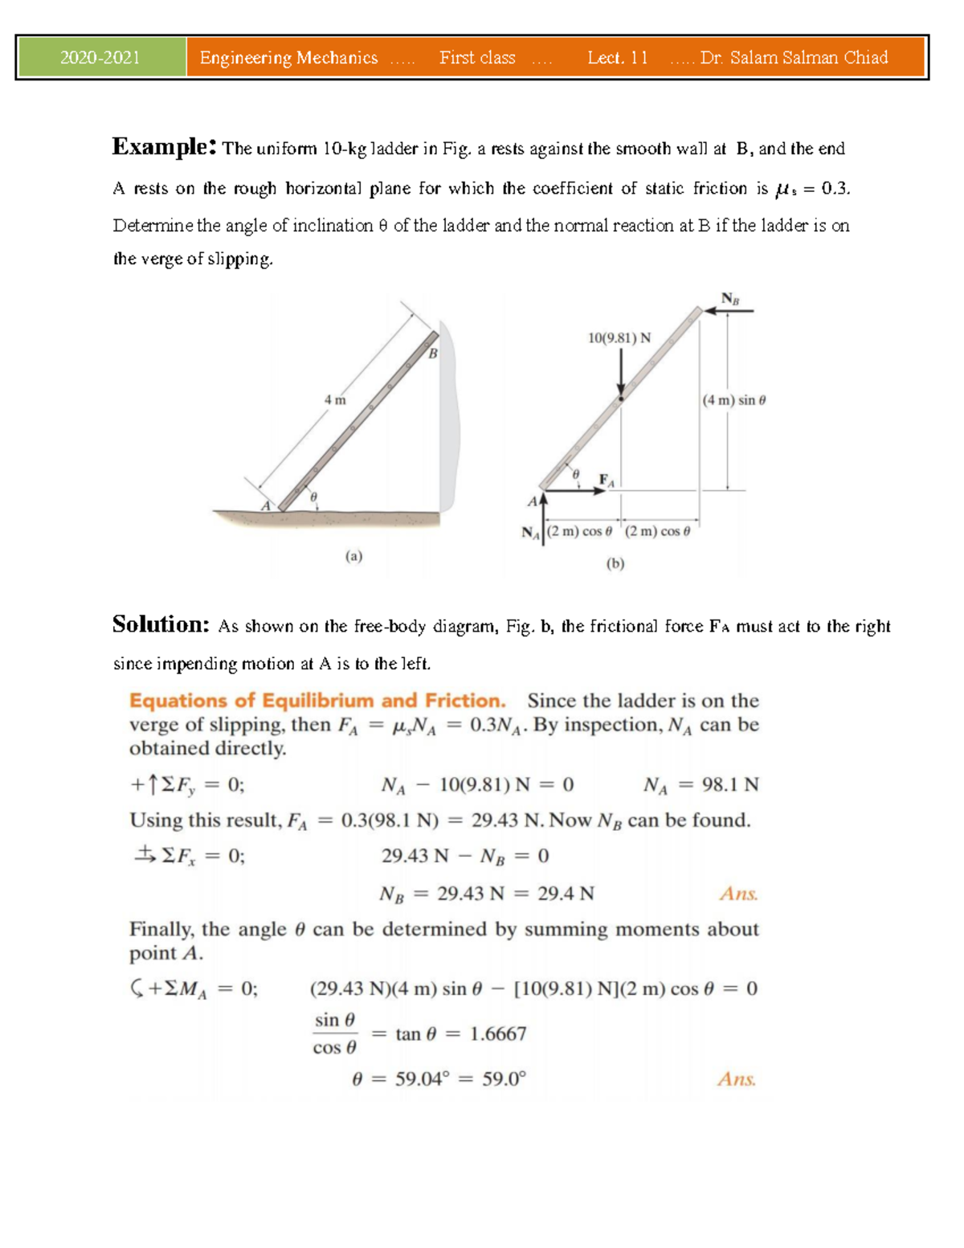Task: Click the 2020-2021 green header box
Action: (x=101, y=58)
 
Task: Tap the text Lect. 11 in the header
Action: (x=617, y=58)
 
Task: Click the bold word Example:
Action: (x=164, y=147)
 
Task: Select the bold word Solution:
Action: (x=161, y=624)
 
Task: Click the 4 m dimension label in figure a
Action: (x=335, y=400)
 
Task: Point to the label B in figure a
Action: (x=433, y=354)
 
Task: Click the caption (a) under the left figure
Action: (x=353, y=556)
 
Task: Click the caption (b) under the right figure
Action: (x=615, y=564)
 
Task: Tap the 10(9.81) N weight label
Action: (x=619, y=338)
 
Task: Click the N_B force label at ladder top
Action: (x=729, y=299)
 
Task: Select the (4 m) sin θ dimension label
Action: (x=734, y=400)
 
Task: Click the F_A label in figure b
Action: (x=607, y=481)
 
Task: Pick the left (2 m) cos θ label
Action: (x=579, y=531)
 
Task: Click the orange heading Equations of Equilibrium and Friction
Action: (x=317, y=701)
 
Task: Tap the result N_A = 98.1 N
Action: (x=701, y=785)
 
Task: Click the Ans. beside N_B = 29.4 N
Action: (x=738, y=894)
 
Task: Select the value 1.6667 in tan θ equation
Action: (x=498, y=1033)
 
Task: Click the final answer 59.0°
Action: (x=504, y=1079)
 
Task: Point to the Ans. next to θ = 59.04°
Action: (x=737, y=1079)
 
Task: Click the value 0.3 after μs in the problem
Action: (x=835, y=189)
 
